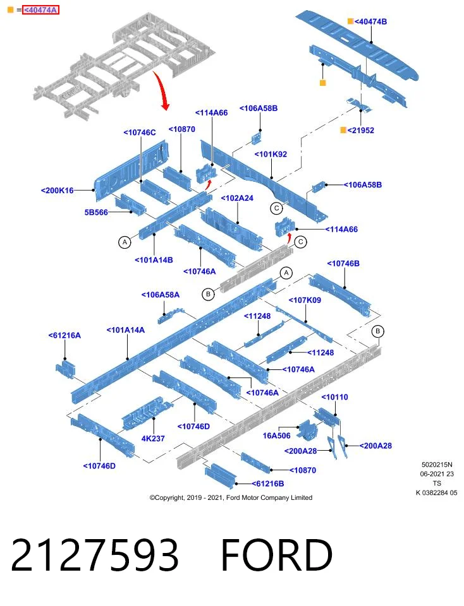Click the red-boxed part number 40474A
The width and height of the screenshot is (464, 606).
pyautogui.click(x=40, y=10)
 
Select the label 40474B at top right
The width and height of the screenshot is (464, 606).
pyautogui.click(x=370, y=21)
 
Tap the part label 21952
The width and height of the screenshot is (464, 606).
pyautogui.click(x=361, y=130)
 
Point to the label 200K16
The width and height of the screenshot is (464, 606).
pyautogui.click(x=58, y=190)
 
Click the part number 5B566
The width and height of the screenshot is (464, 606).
pyautogui.click(x=96, y=212)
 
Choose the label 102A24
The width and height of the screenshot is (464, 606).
pyautogui.click(x=237, y=198)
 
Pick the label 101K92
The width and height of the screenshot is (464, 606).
pyautogui.click(x=271, y=154)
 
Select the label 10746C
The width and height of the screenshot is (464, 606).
pyautogui.click(x=140, y=133)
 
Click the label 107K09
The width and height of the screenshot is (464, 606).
pyautogui.click(x=305, y=300)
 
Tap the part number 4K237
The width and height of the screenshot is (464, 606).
pyautogui.click(x=153, y=439)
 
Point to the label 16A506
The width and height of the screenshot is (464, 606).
pyautogui.click(x=276, y=436)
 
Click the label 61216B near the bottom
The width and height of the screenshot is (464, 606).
pyautogui.click(x=268, y=484)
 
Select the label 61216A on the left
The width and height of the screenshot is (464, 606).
pyautogui.click(x=64, y=335)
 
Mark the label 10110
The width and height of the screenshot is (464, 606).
pyautogui.click(x=335, y=397)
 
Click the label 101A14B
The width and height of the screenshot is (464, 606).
pyautogui.click(x=154, y=260)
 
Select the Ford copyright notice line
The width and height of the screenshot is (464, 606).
pyautogui.click(x=231, y=498)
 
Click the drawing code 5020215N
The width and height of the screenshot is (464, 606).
pyautogui.click(x=437, y=465)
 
